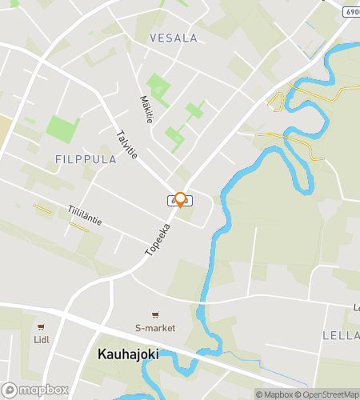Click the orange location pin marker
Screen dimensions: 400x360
pos(181,200)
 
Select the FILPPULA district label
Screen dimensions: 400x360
pos(86,159)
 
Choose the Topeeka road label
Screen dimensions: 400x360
pos(158,239)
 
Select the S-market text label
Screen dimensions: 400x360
pos(155,328)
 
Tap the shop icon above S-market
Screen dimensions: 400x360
pos(155,314)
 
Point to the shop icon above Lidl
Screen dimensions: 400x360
pos(40,326)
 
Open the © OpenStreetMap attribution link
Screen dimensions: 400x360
pos(328,394)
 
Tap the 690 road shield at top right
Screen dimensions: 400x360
pos(353,12)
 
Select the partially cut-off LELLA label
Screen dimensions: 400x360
pos(341,334)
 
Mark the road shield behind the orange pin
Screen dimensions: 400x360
pos(174,200)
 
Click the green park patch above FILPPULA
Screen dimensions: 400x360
pos(62,128)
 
